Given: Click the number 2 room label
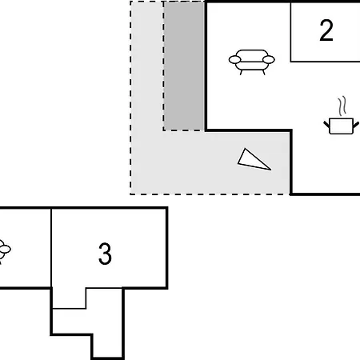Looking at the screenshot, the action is [x=326, y=30].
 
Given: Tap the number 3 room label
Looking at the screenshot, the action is [x=105, y=254].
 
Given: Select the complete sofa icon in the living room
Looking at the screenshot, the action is [x=251, y=62].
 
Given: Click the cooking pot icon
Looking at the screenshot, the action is [x=341, y=126].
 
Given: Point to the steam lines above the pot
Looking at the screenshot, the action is [x=342, y=106].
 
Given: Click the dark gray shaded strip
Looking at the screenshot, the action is [x=184, y=66].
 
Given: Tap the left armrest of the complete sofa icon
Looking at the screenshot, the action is [x=235, y=60].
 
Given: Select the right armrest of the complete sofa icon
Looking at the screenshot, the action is [x=268, y=60].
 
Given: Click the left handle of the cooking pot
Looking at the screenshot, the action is [x=326, y=124].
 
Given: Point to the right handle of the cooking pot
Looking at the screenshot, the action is [x=356, y=124].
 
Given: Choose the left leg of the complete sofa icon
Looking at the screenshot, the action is [x=241, y=72].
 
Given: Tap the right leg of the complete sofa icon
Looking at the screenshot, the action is [x=264, y=72].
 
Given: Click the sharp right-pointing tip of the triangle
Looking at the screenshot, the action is [x=271, y=170].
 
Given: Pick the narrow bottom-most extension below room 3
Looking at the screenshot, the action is [x=107, y=346].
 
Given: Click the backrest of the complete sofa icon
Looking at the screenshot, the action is [x=251, y=55].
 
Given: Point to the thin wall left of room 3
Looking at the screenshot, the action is [x=51, y=248].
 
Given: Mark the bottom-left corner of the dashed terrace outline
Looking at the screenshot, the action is [x=130, y=194].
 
